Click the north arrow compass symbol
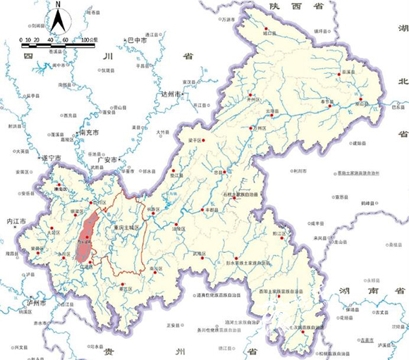click(59, 21)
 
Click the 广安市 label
click(113, 159)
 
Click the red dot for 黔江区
click(283, 237)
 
